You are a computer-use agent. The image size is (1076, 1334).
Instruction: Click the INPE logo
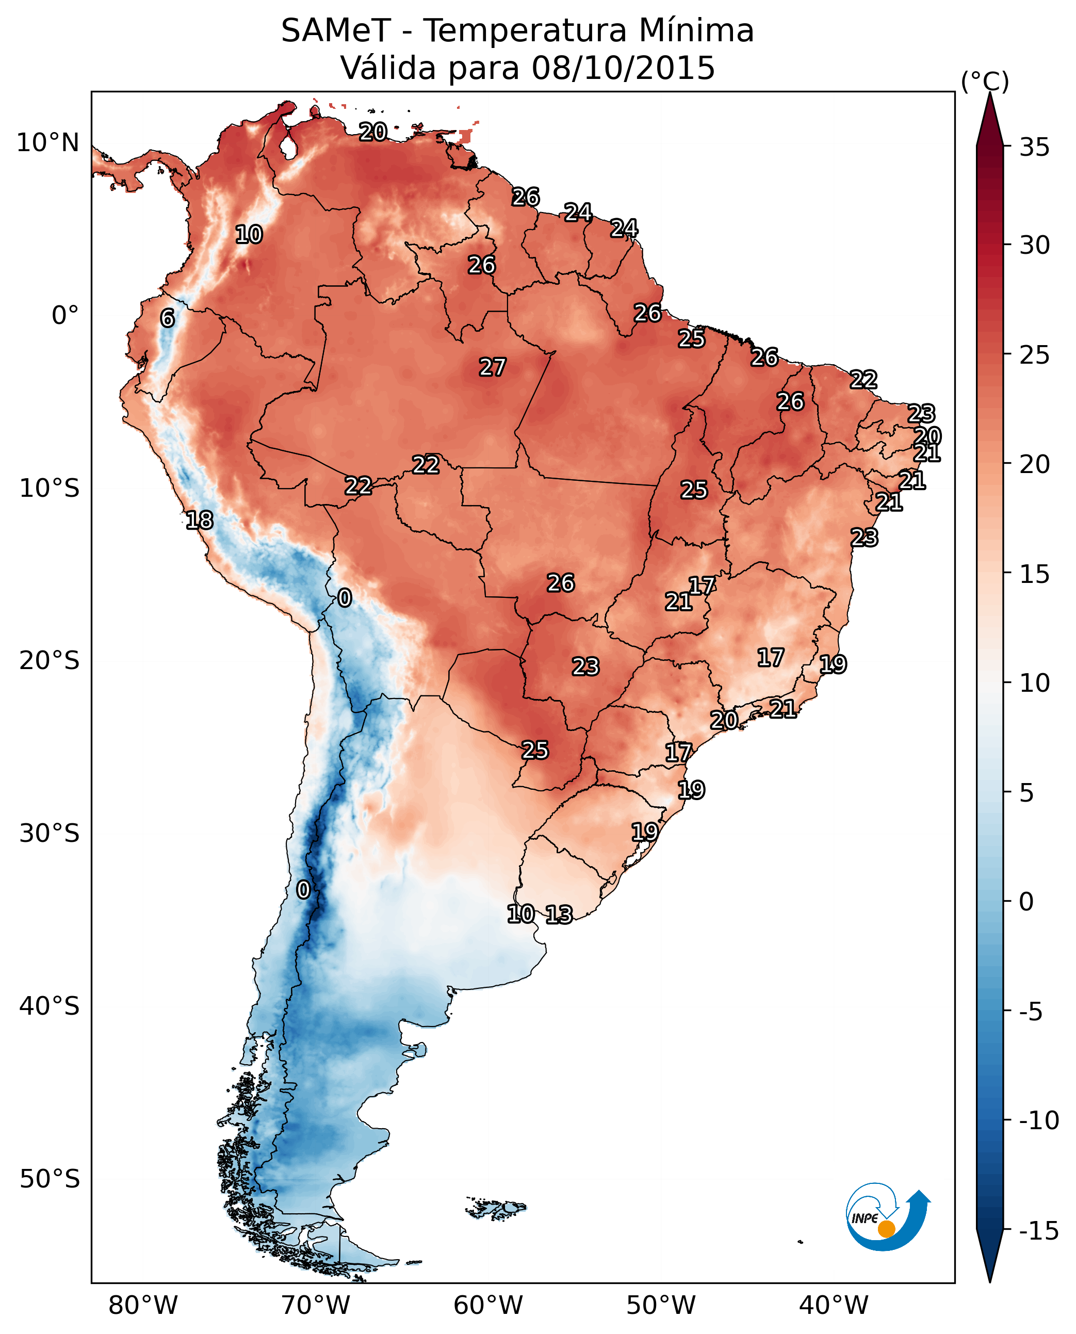coord(887,1217)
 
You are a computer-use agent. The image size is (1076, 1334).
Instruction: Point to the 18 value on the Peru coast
coord(200,520)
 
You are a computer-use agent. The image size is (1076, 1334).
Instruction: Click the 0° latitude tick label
coord(65,316)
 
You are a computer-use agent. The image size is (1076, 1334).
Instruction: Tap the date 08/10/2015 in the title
coord(623,68)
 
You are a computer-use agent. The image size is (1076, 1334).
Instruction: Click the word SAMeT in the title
coord(336,30)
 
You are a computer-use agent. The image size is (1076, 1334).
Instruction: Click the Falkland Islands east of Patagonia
coord(496,1208)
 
